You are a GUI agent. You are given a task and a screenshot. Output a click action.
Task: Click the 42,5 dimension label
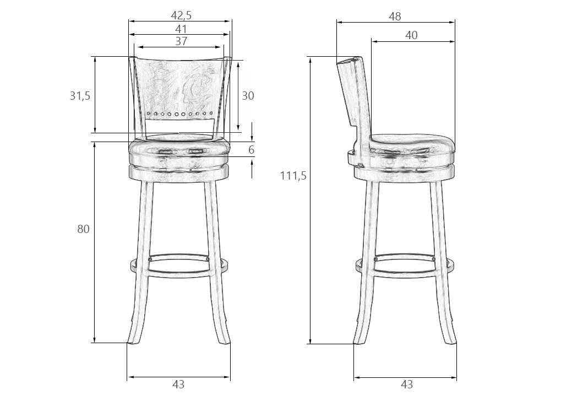[x=181, y=15]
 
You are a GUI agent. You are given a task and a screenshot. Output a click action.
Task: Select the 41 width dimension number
[x=181, y=29]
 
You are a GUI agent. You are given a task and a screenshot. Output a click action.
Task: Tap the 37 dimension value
[x=181, y=41]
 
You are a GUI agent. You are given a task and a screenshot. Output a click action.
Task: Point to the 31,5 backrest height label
[x=80, y=96]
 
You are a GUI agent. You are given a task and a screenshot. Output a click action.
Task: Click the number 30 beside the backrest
[x=248, y=96]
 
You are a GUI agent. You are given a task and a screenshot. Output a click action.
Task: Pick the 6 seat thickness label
[x=251, y=150]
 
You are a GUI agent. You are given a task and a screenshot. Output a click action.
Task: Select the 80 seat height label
[x=83, y=229]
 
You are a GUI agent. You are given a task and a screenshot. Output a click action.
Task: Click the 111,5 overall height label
[x=293, y=176]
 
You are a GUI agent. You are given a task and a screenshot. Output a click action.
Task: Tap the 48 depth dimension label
[x=395, y=17]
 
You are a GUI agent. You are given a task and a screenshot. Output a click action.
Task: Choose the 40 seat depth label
[x=411, y=35]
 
